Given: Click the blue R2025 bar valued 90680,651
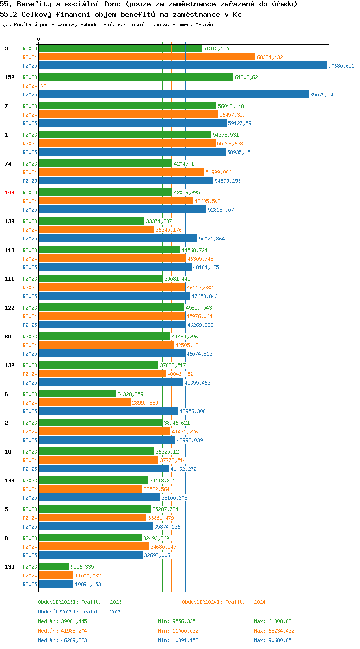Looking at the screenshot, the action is coord(183,65).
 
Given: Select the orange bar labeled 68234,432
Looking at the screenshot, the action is coord(147,57).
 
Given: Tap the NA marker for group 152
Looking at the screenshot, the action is coord(44,86).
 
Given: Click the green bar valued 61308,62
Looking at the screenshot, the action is coord(136,77).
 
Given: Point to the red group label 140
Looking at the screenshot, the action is coord(10,192).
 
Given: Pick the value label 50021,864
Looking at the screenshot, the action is coord(212,239).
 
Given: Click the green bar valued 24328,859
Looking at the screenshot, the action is coord(77,394).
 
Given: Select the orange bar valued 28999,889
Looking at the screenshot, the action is coord(85,402).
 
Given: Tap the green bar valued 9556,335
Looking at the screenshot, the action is coord(54,566).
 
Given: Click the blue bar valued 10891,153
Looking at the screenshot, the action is coord(56,584).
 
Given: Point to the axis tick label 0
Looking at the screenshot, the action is coord(38,39).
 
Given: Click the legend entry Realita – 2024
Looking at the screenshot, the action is coord(224,602).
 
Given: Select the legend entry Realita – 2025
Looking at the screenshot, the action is coord(80,612).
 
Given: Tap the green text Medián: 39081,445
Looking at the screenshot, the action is coord(62,621).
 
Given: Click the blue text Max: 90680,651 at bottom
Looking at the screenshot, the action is coord(274,640).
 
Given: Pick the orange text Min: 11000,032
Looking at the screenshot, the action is coord(178,631).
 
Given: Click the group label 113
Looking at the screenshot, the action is coord(10,250).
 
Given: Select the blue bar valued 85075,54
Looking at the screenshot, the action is coord(174,94).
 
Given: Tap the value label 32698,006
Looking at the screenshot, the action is coord(157,555).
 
